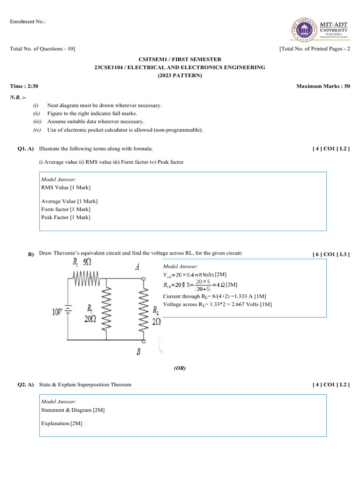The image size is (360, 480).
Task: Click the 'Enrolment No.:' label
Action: [x=28, y=22]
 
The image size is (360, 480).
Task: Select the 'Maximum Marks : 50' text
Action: [x=323, y=86]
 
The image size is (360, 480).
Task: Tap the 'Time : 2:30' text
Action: [x=24, y=86]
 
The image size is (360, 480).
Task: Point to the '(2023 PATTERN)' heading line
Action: [x=180, y=75]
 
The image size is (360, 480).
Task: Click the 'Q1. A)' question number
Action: [x=26, y=149]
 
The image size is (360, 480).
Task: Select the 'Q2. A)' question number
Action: [x=26, y=385]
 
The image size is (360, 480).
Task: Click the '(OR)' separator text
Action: [x=180, y=368]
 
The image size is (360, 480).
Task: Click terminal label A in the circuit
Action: [x=138, y=267]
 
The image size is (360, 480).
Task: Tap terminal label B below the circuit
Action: [x=139, y=352]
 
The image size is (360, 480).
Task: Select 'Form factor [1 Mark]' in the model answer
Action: [x=66, y=210]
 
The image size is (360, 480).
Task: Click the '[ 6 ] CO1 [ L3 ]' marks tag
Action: [x=331, y=255]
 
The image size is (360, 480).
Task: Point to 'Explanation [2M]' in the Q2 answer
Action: [x=62, y=424]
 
